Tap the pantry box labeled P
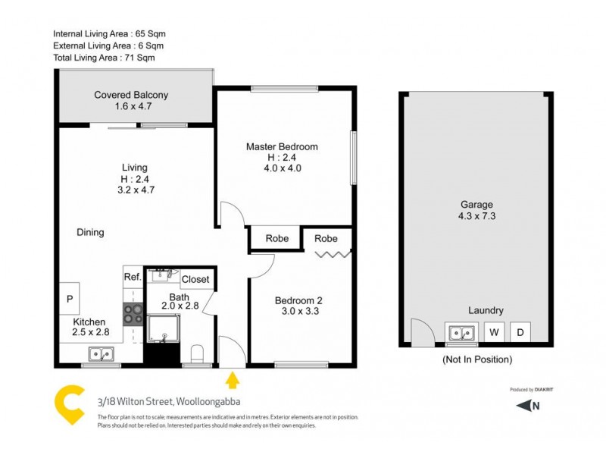[x=69, y=300]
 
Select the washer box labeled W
[x=494, y=332]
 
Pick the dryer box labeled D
[x=520, y=332]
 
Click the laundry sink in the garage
[x=460, y=332]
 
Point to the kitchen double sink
[x=101, y=353]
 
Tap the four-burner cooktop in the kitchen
[x=133, y=314]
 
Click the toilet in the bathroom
[x=198, y=354]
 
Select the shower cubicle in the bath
[x=161, y=328]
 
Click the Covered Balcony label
[x=131, y=101]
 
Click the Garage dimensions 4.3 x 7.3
[x=477, y=216]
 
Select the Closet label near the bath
[x=195, y=279]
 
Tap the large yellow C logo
[x=70, y=406]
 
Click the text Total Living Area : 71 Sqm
[x=104, y=57]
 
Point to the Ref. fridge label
[x=133, y=278]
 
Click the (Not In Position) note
[x=476, y=359]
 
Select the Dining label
[x=90, y=232]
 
